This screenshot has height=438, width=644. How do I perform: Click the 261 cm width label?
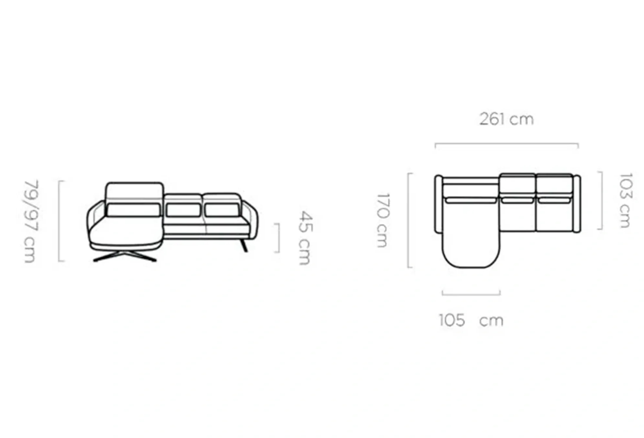click(506, 119)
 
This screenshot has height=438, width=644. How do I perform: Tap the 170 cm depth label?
click(383, 220)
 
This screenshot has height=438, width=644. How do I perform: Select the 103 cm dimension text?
click(625, 200)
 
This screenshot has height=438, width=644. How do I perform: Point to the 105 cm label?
click(471, 320)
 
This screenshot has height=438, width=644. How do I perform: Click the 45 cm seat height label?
click(305, 238)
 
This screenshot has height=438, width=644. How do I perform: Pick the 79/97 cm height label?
click(31, 221)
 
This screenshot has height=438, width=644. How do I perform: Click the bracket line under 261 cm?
click(507, 144)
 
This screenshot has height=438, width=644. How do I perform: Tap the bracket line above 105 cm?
click(471, 295)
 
